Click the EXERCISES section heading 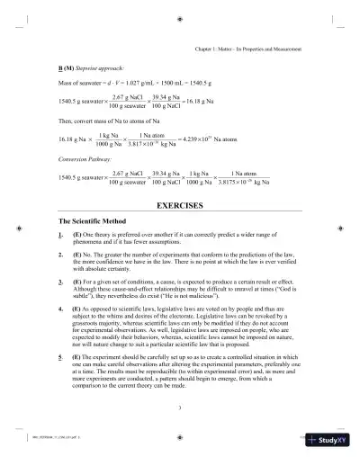[179, 206]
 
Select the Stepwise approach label [97, 68]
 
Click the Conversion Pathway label [82, 162]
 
